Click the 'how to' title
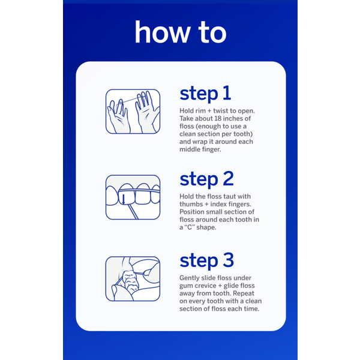click(181, 32)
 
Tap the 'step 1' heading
click(205, 94)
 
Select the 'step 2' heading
click(206, 179)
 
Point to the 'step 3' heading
click(206, 260)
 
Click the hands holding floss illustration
click(133, 112)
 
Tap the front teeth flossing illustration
click(133, 197)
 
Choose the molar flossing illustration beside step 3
click(133, 279)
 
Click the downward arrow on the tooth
click(124, 199)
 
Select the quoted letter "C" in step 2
click(190, 227)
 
